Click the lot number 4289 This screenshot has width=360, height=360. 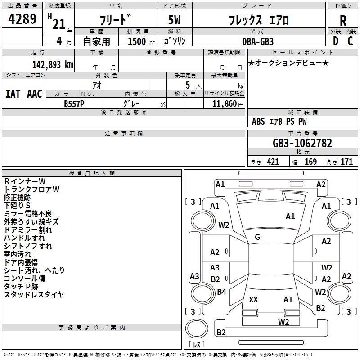tap(22, 19)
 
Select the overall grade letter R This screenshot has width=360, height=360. tap(343, 21)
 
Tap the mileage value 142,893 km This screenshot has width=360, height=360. tap(53, 65)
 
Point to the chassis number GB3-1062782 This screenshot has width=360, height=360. tap(302, 143)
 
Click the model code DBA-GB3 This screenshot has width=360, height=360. tap(258, 41)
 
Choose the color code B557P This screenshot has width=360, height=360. tap(74, 104)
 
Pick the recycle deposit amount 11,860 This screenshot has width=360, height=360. tap(225, 104)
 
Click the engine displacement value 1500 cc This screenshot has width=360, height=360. tap(141, 41)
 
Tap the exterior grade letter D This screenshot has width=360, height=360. tap(336, 41)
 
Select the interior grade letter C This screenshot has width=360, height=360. tap(350, 41)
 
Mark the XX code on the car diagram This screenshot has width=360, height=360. tap(253, 300)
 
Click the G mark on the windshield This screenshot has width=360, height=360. tap(257, 237)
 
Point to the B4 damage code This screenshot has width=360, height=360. tap(221, 292)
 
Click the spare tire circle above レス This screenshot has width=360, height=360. tap(197, 328)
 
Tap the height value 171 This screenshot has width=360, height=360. tap(346, 162)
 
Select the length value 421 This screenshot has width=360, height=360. tap(273, 162)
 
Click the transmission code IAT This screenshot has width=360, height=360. tap(13, 94)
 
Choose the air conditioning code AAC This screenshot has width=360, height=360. tap(35, 94)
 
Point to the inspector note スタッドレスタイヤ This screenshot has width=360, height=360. tap(34, 294)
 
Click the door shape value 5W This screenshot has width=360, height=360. tap(174, 20)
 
